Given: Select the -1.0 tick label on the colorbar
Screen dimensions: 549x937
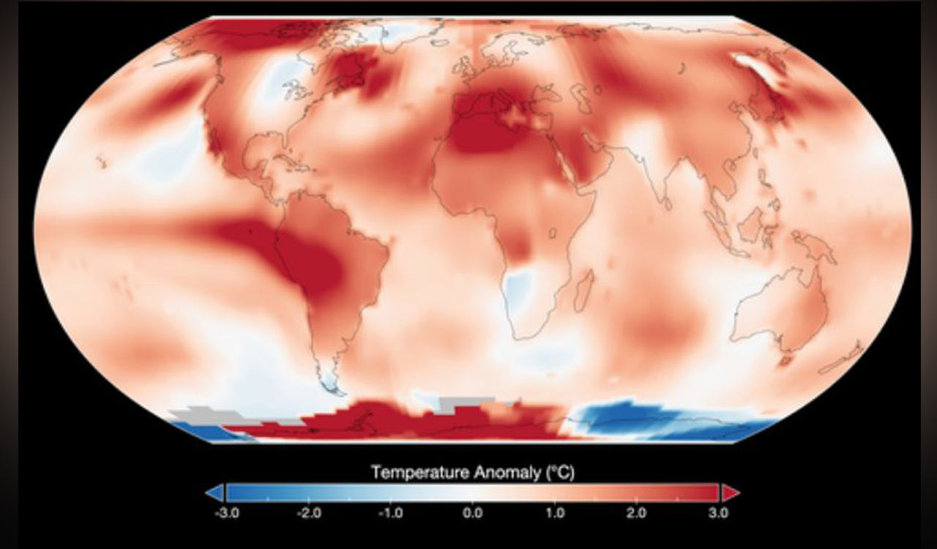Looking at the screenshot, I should (x=390, y=513).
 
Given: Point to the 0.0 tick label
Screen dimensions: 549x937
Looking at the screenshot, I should (x=473, y=513).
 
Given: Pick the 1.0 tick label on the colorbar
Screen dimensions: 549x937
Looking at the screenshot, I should (x=555, y=513).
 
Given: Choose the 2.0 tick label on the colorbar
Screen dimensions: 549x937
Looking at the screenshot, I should (x=636, y=513).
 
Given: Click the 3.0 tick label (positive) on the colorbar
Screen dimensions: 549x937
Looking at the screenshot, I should (x=718, y=513).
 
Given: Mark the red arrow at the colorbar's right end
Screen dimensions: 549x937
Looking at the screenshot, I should (x=731, y=493).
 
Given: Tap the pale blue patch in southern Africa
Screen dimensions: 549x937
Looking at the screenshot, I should (x=521, y=288).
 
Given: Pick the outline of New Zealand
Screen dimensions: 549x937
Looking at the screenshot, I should (x=842, y=360).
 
